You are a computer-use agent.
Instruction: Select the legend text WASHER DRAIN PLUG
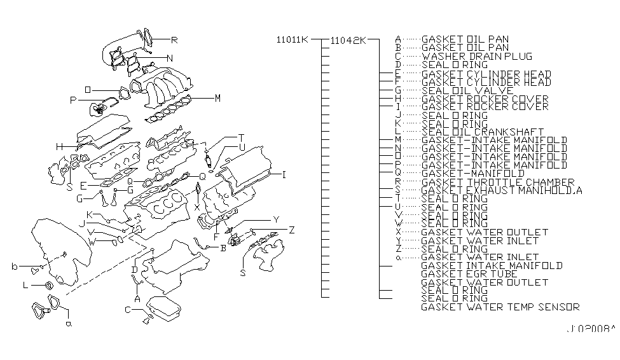coord(477,56)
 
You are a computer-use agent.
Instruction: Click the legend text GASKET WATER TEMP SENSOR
coord(500,307)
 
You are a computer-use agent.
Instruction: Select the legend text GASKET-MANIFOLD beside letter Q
coord(472,173)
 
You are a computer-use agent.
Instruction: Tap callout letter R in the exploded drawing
coord(175,40)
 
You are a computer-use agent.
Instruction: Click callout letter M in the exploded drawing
coord(217,98)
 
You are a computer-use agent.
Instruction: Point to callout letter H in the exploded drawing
coord(59,147)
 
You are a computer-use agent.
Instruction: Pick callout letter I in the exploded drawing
coord(284,173)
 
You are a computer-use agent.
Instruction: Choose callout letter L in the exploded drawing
coord(25,286)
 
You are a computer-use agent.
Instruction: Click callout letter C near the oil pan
coord(128,310)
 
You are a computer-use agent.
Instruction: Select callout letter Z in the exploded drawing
coord(291,230)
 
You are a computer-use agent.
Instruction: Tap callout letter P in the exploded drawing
coord(73,100)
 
